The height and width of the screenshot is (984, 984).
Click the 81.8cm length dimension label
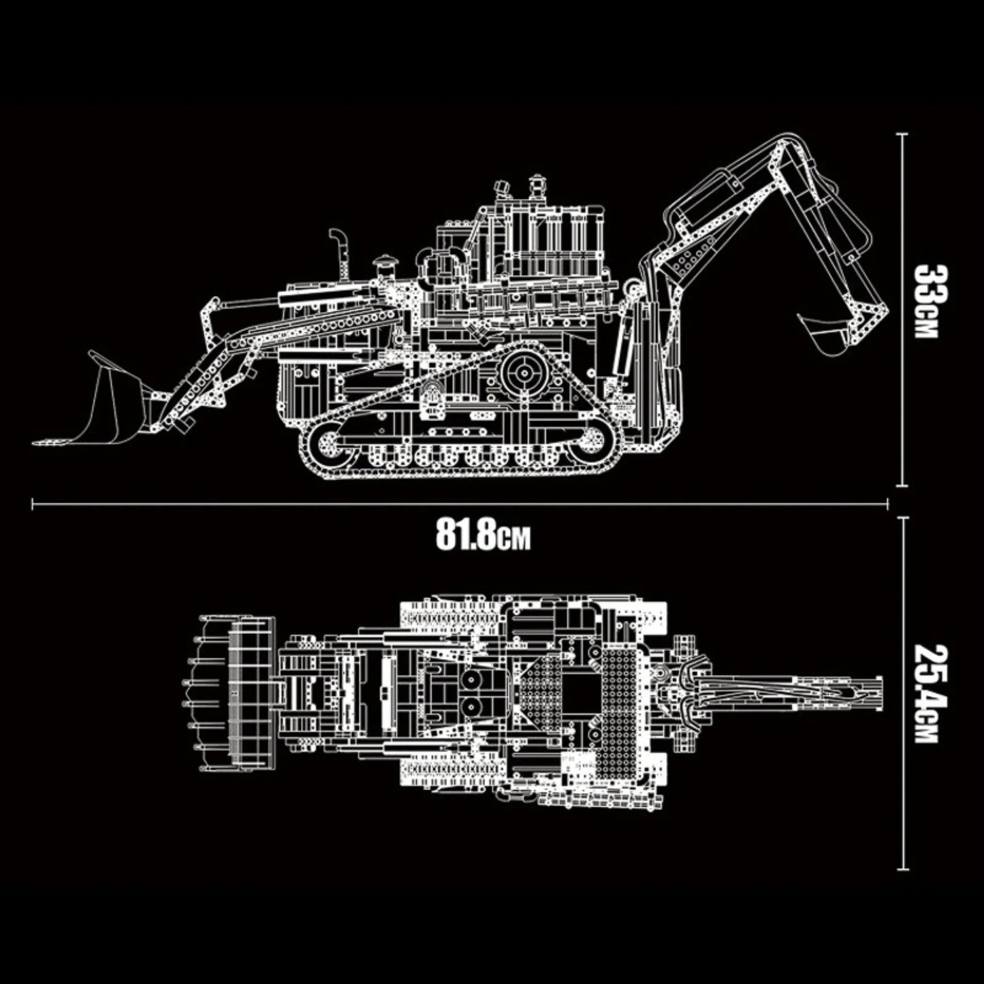[x=482, y=536]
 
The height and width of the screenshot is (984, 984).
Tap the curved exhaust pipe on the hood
[x=337, y=245]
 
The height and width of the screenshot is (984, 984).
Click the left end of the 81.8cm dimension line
[x=33, y=505]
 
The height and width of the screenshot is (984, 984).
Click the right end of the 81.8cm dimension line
[x=887, y=505]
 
